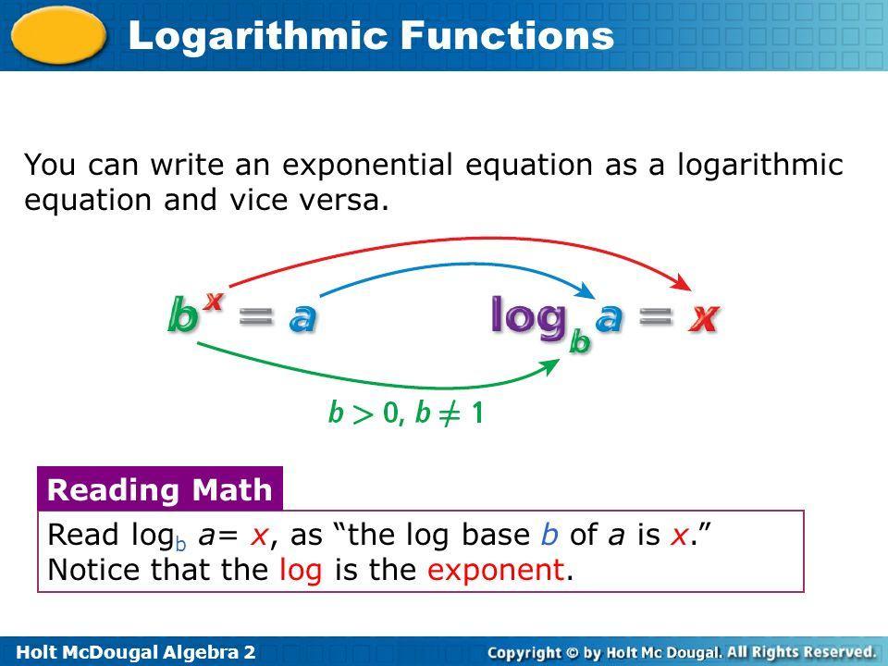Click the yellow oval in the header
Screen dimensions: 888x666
coord(59,34)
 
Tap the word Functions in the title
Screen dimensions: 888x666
coord(508,35)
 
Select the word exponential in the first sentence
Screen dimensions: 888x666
coord(367,166)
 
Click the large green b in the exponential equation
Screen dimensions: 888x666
coord(183,315)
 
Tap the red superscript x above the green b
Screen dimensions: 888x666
coord(214,301)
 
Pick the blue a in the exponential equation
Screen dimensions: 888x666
coord(303,318)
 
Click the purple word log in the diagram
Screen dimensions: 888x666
coord(529,317)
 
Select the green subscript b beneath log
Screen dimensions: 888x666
coord(579,341)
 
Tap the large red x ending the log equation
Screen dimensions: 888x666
coord(704,318)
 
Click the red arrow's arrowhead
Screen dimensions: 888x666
coord(682,282)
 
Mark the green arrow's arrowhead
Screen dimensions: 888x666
coord(549,367)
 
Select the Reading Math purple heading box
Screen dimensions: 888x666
coord(160,489)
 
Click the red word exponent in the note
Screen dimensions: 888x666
coord(496,571)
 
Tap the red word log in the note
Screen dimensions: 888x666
coord(301,571)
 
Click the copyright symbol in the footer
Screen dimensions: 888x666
coord(573,653)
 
